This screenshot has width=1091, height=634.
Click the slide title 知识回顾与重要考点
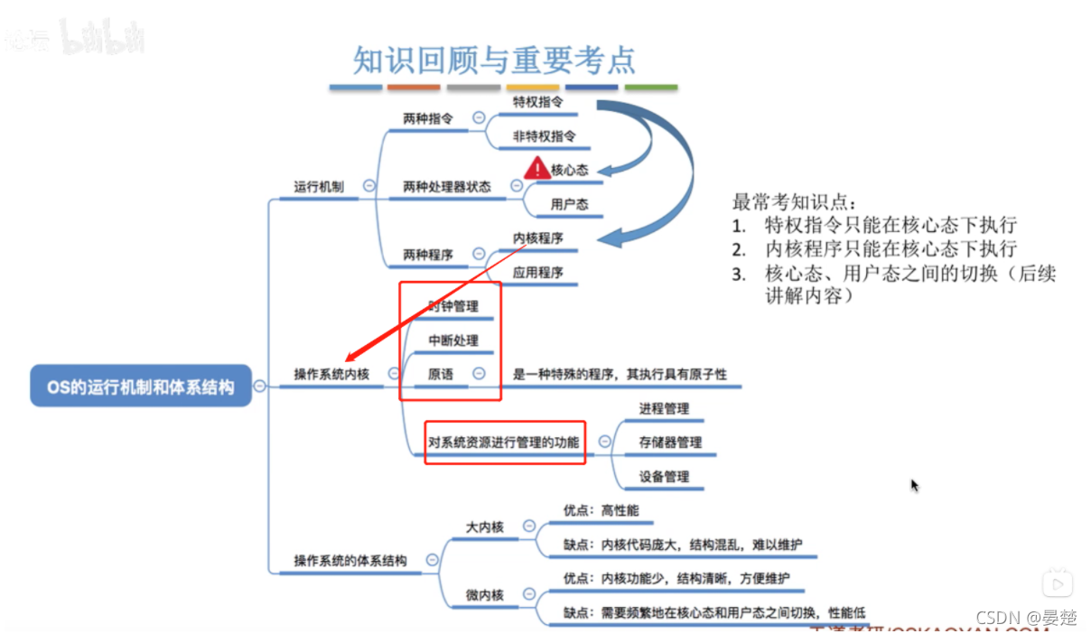pos(495,60)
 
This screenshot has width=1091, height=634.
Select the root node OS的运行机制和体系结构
pos(141,387)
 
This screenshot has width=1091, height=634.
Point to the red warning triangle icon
pos(536,168)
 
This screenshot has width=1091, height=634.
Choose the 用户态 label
pos(569,204)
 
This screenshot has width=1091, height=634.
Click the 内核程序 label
pos(537,238)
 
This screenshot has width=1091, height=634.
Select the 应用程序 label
pos(537,273)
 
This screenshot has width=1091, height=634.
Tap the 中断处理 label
pos(453,340)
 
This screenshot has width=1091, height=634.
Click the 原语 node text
pos(441,374)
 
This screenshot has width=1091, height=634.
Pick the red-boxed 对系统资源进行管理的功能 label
pos(504,443)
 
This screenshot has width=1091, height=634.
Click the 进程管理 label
pos(664,409)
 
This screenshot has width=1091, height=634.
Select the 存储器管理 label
pos(670,443)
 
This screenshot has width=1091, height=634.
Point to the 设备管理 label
pos(664,477)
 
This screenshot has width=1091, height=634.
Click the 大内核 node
pos(485,527)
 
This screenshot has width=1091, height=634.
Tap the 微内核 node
pos(485,594)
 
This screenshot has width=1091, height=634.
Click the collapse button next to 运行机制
pos(368,186)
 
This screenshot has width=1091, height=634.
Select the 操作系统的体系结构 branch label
pos(350,561)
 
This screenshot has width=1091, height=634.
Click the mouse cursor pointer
pos(914,485)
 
